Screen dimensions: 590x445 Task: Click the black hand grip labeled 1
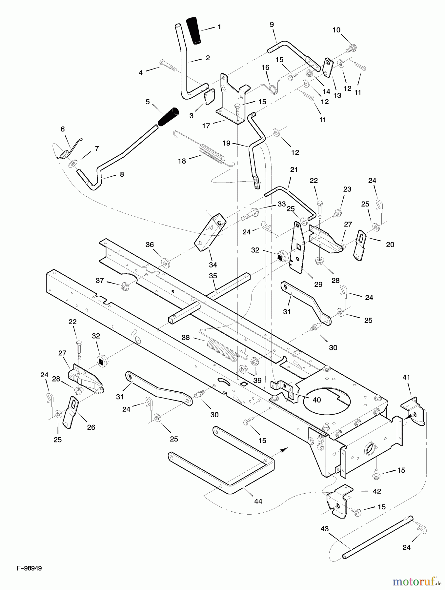(194, 30)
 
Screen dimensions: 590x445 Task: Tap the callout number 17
(206, 126)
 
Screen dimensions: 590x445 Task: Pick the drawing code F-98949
(30, 568)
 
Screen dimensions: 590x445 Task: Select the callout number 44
(258, 501)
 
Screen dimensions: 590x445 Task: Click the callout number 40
(316, 400)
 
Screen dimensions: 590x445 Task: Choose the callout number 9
(272, 24)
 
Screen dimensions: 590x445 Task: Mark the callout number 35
(213, 276)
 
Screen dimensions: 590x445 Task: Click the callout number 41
(407, 377)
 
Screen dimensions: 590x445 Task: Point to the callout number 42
(377, 491)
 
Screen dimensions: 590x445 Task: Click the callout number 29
(318, 284)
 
